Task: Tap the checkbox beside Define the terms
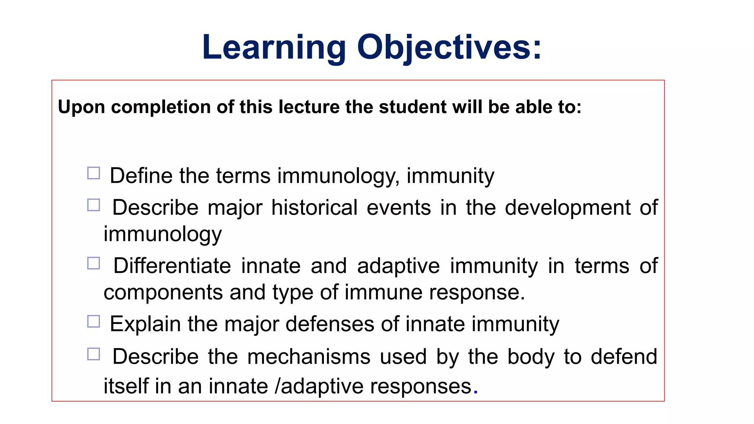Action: pyautogui.click(x=94, y=173)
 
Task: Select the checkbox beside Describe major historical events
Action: pyautogui.click(x=94, y=205)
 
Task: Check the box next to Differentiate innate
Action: pyautogui.click(x=94, y=263)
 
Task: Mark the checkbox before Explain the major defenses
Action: pyautogui.click(x=94, y=321)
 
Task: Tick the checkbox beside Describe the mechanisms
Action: pyautogui.click(x=94, y=354)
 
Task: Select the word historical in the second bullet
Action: pyautogui.click(x=314, y=208)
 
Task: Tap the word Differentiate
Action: pyautogui.click(x=172, y=266)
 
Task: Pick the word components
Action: pyautogui.click(x=163, y=293)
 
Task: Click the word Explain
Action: pyautogui.click(x=145, y=324)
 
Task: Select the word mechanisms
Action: pyautogui.click(x=309, y=357)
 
